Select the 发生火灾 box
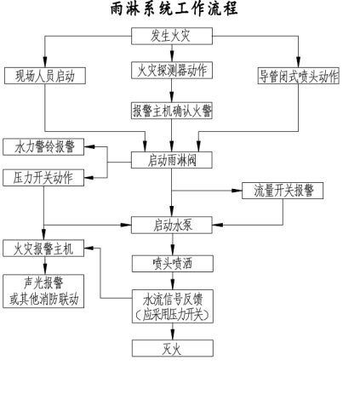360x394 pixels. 173,37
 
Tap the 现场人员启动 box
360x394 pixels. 43,75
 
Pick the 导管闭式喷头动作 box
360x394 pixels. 297,75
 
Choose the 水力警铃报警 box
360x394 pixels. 43,146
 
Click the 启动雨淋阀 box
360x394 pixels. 173,159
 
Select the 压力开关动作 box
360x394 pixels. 43,178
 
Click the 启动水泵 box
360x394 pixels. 173,225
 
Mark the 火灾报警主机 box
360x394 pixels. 43,248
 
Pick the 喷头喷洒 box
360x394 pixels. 173,263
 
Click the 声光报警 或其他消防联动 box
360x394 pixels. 43,290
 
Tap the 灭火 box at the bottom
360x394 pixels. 173,347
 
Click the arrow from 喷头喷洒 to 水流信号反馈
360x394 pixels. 173,281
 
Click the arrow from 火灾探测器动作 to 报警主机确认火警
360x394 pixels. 173,90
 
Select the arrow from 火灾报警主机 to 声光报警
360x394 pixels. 43,266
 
